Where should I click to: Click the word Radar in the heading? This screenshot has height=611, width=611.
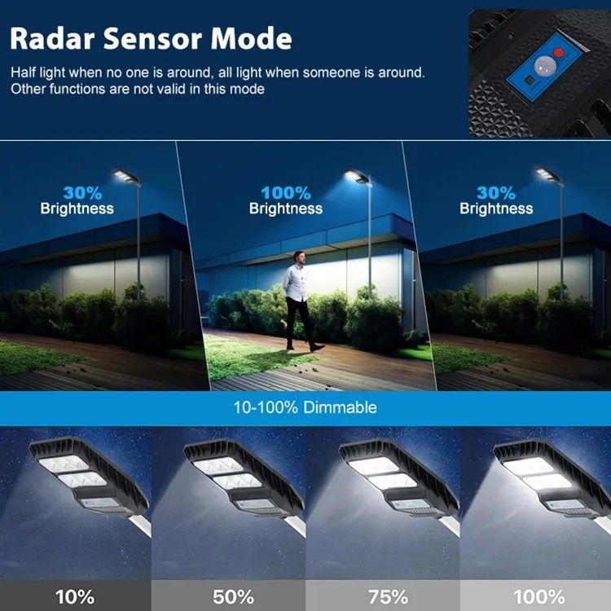click(x=52, y=38)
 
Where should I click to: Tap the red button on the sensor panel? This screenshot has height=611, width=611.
click(x=559, y=52)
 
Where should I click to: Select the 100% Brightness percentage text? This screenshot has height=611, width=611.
click(x=286, y=193)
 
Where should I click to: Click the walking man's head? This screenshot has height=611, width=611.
click(x=299, y=257)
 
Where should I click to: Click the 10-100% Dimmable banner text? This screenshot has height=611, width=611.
click(x=305, y=407)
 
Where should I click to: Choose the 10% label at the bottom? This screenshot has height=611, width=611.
click(x=75, y=596)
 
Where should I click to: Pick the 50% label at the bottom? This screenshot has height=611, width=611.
click(x=234, y=596)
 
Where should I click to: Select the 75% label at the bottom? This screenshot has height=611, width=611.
click(x=388, y=596)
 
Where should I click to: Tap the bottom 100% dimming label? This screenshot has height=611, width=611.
click(x=539, y=596)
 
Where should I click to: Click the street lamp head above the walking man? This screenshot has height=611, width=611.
click(x=358, y=176)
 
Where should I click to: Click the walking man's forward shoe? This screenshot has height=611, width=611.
click(x=317, y=348)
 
